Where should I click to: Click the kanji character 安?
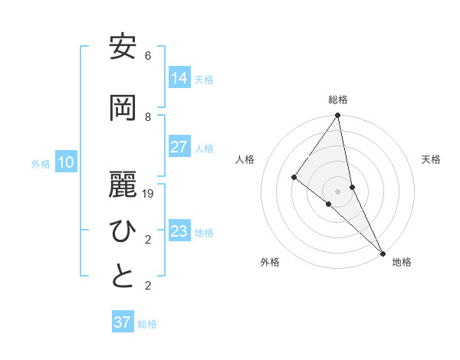tap(123, 47)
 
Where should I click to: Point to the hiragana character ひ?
tap(123, 231)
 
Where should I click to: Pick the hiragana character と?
tap(123, 277)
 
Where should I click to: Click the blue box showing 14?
tap(179, 78)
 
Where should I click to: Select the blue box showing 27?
tap(179, 147)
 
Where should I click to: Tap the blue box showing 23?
tap(179, 231)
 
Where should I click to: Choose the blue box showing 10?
tap(66, 162)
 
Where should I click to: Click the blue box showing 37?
tap(123, 322)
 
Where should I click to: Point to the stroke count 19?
tap(148, 194)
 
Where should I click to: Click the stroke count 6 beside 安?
tap(148, 56)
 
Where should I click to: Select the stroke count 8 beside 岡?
tap(148, 117)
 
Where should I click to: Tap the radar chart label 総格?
tap(338, 100)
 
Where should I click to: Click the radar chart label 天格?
tap(431, 159)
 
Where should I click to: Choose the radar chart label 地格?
tap(402, 262)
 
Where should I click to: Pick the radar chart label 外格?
tap(270, 262)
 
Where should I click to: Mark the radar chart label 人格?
tap(245, 159)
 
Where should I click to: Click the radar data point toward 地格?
tap(382, 251)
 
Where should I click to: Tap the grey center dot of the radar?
tap(337, 191)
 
